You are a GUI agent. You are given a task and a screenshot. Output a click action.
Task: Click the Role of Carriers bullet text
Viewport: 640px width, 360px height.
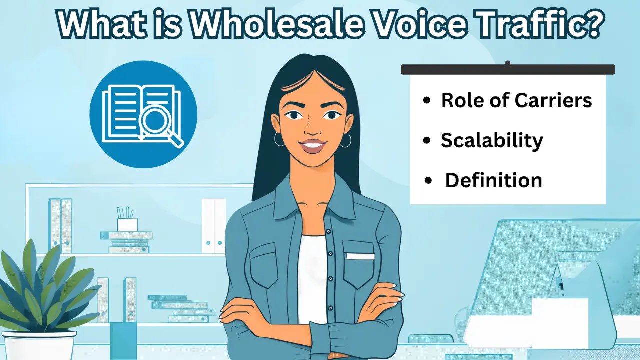click(516, 100)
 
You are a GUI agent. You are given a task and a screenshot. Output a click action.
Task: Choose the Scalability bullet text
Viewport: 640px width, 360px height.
click(492, 140)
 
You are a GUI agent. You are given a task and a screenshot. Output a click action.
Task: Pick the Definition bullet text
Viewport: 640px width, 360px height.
click(493, 180)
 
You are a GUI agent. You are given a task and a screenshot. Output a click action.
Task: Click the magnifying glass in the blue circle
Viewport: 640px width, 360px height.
click(156, 122)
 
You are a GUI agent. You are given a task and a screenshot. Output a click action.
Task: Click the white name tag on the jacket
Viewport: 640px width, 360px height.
click(360, 256)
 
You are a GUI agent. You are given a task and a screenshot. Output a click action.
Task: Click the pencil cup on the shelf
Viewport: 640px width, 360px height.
click(127, 224)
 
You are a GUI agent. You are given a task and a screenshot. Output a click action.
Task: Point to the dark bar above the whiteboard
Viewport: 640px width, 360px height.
click(508, 69)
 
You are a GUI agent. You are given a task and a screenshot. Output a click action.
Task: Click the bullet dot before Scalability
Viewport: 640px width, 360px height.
click(426, 141)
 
